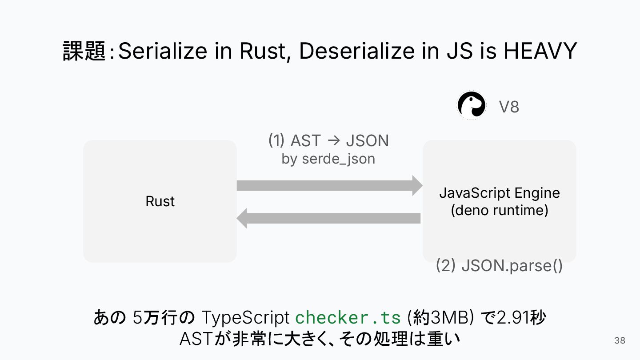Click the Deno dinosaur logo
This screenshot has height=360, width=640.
click(471, 105)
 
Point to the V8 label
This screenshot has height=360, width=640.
click(509, 107)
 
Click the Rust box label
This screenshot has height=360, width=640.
click(160, 201)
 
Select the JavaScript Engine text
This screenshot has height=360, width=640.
click(499, 193)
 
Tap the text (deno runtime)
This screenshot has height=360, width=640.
click(499, 210)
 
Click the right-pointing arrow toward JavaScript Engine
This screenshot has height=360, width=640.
click(329, 185)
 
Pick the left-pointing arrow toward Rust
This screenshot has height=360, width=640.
click(329, 218)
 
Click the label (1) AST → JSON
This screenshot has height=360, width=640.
click(328, 140)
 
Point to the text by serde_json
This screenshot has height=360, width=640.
click(328, 159)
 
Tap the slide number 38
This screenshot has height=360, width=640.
click(620, 341)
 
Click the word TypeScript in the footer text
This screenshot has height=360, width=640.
click(246, 318)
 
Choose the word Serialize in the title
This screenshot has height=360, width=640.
click(163, 51)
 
